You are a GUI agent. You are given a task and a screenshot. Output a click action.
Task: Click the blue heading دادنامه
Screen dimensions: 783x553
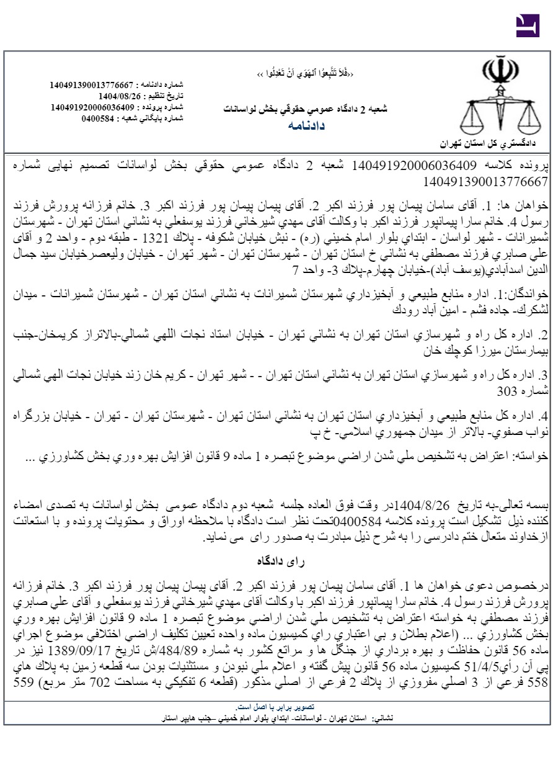point(306,125)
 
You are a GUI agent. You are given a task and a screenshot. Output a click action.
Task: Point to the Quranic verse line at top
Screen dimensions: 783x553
point(306,74)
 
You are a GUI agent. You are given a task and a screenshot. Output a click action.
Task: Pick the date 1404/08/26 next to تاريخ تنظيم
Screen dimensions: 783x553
point(120,96)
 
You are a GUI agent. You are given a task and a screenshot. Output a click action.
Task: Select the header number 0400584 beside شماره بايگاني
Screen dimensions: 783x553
point(102,118)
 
